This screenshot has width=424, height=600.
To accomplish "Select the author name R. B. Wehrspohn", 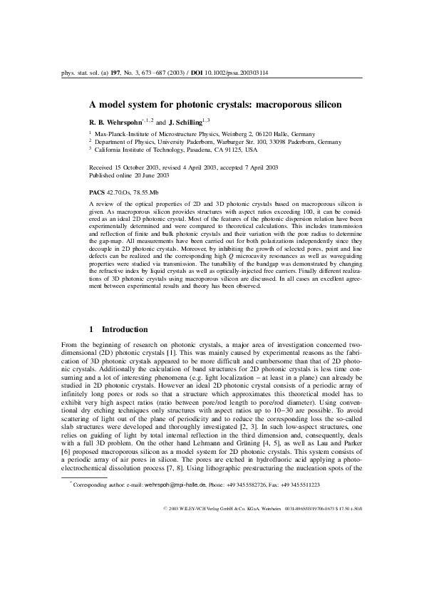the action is (118, 123).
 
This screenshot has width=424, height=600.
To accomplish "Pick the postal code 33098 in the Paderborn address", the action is (269, 142).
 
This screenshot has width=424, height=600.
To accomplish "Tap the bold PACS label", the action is (96, 192).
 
